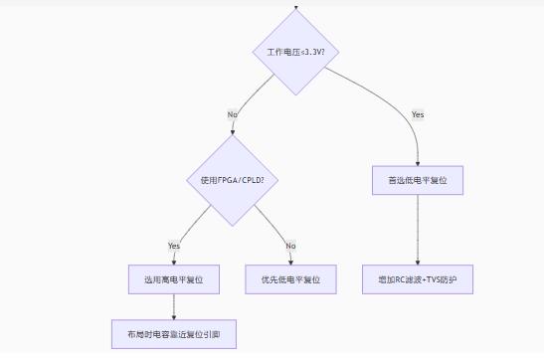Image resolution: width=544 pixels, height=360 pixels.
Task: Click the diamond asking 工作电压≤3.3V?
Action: click(296, 52)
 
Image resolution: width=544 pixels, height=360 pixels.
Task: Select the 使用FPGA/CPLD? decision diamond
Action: click(233, 180)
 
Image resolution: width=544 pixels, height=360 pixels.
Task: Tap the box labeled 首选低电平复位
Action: click(418, 180)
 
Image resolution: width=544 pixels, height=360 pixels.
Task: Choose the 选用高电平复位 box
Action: click(174, 280)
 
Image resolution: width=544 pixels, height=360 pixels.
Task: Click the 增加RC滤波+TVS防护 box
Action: click(418, 280)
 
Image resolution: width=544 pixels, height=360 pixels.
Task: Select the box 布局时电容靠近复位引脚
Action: click(174, 334)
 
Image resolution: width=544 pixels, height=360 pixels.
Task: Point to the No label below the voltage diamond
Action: click(233, 114)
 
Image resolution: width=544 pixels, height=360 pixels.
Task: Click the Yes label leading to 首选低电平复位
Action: click(418, 114)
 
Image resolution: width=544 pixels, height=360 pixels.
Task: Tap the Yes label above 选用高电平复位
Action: click(174, 246)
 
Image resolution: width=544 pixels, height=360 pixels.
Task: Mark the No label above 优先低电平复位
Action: click(290, 246)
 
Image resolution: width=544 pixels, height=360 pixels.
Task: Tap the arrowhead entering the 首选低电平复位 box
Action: click(418, 162)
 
